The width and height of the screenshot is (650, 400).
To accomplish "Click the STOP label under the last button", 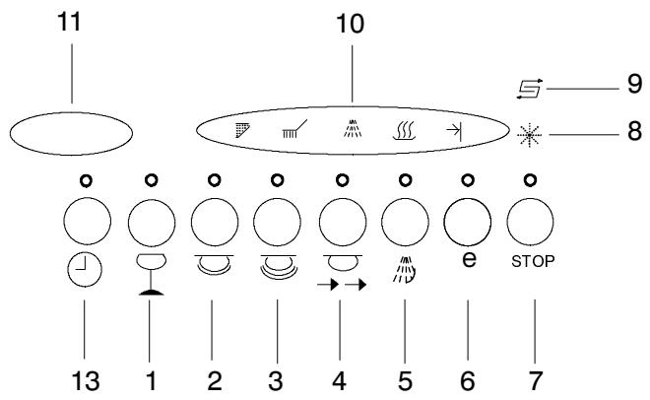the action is (x=533, y=261).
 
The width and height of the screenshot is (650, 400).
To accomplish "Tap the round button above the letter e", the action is (x=467, y=222).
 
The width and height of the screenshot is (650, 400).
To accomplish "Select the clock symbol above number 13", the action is (x=85, y=271).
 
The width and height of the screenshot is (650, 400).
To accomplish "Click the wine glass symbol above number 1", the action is (x=152, y=275).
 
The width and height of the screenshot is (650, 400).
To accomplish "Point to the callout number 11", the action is (x=69, y=22).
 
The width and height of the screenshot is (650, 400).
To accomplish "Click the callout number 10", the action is (x=351, y=24).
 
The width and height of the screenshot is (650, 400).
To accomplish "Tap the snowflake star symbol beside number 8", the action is (x=530, y=135).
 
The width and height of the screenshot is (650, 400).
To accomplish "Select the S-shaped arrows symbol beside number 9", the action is (x=530, y=89).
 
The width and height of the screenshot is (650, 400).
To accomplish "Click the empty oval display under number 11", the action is (x=71, y=133).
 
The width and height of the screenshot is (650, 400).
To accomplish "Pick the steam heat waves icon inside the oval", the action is (x=404, y=131).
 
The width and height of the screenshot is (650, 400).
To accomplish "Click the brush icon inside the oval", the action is (x=294, y=129).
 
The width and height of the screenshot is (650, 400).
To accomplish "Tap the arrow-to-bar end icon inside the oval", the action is (x=454, y=131).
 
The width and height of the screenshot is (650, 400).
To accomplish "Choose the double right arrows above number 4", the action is (x=342, y=285).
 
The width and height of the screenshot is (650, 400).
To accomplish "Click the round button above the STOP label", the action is (x=530, y=222).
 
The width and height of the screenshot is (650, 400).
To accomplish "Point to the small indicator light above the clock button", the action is (x=87, y=180).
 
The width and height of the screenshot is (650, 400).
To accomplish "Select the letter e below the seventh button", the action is (x=469, y=259).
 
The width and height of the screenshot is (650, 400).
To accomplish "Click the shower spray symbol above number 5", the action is (x=404, y=270).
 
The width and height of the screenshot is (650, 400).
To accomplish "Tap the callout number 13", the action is (x=86, y=381).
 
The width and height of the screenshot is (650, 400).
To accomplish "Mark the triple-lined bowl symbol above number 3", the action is (x=278, y=266).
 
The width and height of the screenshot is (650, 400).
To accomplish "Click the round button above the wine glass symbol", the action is (x=152, y=222).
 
